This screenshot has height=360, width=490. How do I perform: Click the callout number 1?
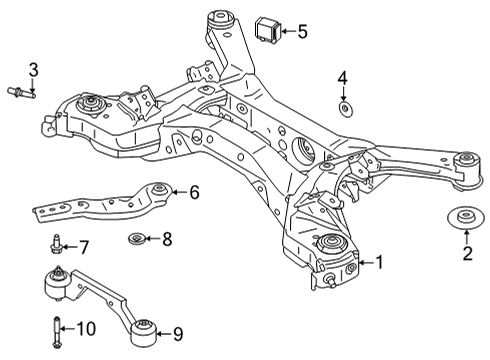379,263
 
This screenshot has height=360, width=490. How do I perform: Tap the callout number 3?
32,69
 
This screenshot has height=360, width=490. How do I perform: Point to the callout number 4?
342,78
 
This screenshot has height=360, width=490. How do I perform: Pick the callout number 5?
302,31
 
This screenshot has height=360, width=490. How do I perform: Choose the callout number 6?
194,191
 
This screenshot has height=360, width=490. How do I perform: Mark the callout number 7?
84,246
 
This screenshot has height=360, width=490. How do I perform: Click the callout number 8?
167,238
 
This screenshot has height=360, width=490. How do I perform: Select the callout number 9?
179,333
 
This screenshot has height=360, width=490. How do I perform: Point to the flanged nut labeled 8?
137,238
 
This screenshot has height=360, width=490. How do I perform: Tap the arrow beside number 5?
286,31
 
